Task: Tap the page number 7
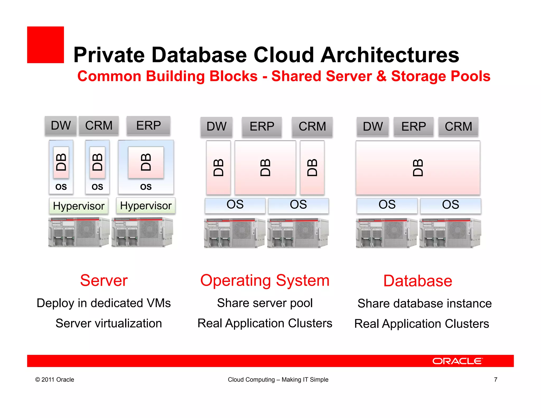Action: pos(496,379)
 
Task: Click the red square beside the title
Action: pos(45,45)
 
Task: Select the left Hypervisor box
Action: pos(79,206)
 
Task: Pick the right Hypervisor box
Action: pos(146,206)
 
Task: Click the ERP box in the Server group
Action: pos(148,126)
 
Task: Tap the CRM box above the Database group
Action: pos(458,126)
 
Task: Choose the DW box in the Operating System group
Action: pos(216,127)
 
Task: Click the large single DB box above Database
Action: pos(418,168)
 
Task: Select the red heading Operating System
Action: pos(265,280)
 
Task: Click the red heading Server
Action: pos(104,280)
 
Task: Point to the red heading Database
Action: pos(418,281)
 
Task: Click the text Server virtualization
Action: pos(109,323)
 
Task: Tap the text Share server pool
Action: pos(265,303)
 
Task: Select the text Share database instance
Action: pos(425,303)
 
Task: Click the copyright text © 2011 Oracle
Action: pos(55,380)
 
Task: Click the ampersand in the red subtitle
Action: pos(381,76)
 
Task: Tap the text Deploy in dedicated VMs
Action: pos(104,303)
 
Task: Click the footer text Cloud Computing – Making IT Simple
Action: pos(278,380)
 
